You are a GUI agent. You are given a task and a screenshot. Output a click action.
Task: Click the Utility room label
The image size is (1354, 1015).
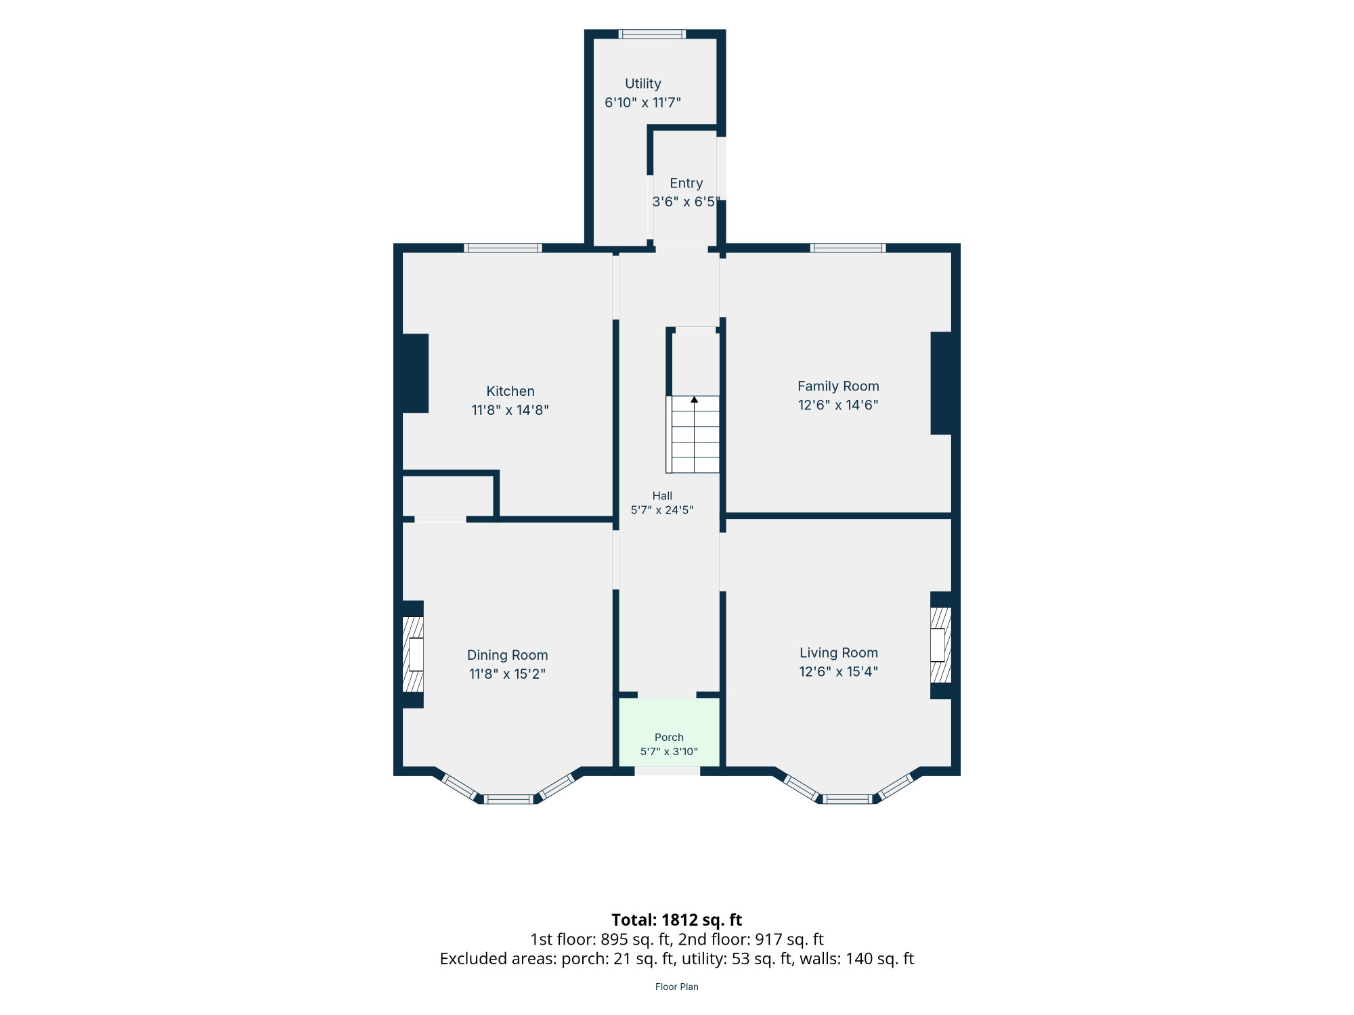coord(642,84)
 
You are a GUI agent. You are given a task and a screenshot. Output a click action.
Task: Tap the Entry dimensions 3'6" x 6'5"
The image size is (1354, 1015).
coord(686,202)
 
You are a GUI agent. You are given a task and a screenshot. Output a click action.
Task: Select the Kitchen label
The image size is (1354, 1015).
coord(510,391)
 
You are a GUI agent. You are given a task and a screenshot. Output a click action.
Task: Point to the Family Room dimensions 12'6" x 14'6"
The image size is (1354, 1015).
coord(838,405)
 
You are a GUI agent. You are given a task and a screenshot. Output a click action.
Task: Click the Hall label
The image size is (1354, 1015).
coord(662,496)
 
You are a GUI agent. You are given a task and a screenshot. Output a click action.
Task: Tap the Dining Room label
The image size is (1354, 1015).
coord(507,655)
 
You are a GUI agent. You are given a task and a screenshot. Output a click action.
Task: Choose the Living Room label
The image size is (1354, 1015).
coord(838,653)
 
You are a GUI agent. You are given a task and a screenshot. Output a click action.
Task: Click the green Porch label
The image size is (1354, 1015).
coord(669,738)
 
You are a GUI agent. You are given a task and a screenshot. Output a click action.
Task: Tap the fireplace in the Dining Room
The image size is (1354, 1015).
coord(413,654)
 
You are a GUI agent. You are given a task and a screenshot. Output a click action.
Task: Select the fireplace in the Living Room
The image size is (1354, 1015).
coord(940,645)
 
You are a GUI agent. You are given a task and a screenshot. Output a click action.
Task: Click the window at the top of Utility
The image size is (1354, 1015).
coord(652,34)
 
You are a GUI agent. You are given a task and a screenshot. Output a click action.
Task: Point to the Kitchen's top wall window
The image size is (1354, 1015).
coord(502,248)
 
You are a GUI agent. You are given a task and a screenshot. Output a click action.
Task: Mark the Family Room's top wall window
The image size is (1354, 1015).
coord(848,248)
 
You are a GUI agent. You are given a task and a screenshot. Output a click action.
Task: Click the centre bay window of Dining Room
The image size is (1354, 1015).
coord(509,799)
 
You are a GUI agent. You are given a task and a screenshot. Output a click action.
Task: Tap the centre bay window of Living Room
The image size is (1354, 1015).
coord(848,799)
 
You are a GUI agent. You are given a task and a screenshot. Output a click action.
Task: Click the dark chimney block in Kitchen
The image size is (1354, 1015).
coord(416,374)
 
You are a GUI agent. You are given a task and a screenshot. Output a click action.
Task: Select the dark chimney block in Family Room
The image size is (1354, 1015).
coord(941,383)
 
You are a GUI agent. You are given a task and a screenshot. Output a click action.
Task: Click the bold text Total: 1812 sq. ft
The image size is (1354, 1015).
coord(677,920)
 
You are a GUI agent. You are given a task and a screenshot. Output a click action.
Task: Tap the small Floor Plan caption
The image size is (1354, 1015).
coord(677,987)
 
